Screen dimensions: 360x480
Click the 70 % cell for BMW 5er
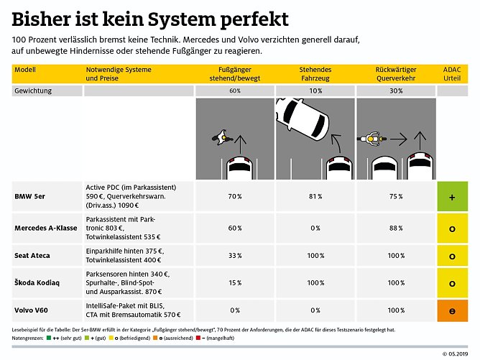pos(234,196)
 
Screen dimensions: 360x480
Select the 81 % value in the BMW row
pos(315,196)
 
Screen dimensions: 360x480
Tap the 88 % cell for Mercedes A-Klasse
pos(395,229)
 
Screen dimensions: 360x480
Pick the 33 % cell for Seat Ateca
pos(234,256)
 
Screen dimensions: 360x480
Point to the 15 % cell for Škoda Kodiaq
pos(234,283)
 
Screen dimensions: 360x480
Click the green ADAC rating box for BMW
pos(453,196)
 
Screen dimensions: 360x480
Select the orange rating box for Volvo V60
pos(453,310)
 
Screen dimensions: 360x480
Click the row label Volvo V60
pos(32,310)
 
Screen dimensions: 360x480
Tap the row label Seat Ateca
pos(34,256)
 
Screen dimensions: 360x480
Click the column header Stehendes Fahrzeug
pos(315,72)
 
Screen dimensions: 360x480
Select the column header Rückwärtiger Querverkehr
pos(395,72)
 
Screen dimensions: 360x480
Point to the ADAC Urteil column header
pos(453,72)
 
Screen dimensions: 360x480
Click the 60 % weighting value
pos(234,91)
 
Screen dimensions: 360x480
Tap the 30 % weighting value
pos(395,91)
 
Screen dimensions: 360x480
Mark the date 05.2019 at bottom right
pos(457,354)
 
